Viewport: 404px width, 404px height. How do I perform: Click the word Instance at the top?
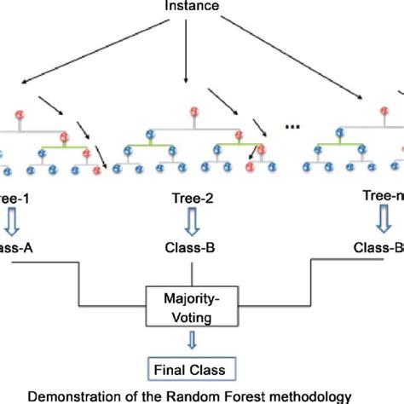pos(196,7)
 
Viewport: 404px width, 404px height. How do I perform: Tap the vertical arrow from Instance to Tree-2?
pos(186,60)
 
